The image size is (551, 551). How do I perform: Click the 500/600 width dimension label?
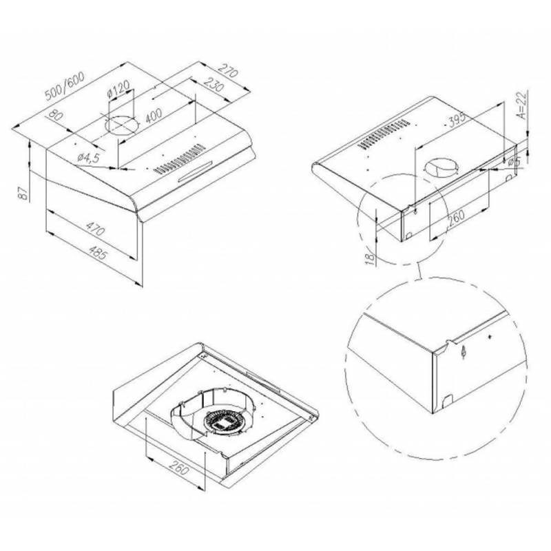65,86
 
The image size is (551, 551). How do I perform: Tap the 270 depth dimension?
229,70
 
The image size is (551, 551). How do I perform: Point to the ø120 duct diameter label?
118,89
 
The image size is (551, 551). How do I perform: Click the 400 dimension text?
154,115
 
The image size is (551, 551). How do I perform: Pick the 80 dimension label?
56,115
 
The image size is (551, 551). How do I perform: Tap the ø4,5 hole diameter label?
88,158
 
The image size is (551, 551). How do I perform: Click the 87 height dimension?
23,193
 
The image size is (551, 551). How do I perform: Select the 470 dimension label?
95,229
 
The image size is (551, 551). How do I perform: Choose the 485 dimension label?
97,252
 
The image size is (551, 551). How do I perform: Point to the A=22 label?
523,105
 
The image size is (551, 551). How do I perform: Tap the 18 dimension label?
370,258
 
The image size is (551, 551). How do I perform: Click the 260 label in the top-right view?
456,218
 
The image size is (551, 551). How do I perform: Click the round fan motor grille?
224,423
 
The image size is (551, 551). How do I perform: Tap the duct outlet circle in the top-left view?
123,125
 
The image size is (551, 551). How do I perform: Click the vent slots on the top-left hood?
179,159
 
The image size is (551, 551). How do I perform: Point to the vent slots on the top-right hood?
384,134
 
